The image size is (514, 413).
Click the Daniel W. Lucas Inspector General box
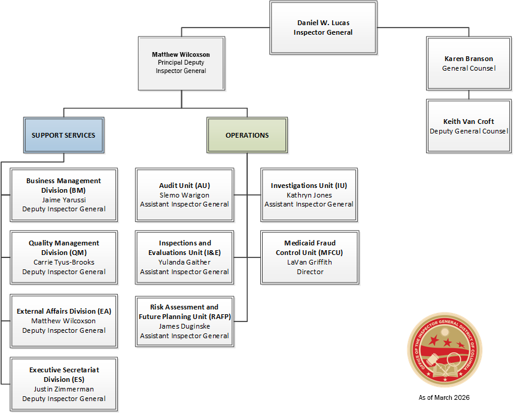pos(323,28)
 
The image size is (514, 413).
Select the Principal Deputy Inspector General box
pos(181,62)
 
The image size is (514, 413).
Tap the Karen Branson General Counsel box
pos(469,63)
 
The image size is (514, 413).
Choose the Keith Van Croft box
pos(469,126)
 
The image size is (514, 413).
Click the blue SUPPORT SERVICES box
pos(63,135)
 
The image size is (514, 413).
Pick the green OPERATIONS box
pos(247,135)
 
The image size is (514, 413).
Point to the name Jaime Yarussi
pos(64,199)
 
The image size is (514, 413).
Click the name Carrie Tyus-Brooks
pos(64,262)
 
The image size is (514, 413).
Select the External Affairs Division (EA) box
pos(64,321)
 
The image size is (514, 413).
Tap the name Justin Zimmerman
pos(64,389)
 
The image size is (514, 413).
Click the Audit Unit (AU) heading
pos(184,186)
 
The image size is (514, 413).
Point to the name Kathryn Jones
pos(309,195)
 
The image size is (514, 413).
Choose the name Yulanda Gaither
pos(184,262)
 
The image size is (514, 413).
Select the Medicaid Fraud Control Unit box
pos(310,257)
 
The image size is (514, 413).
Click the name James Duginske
pos(184,326)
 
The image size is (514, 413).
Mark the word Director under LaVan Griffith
pos(310,272)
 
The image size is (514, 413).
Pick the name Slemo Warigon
pos(184,195)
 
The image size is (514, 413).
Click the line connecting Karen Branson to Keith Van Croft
pos(469,95)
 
